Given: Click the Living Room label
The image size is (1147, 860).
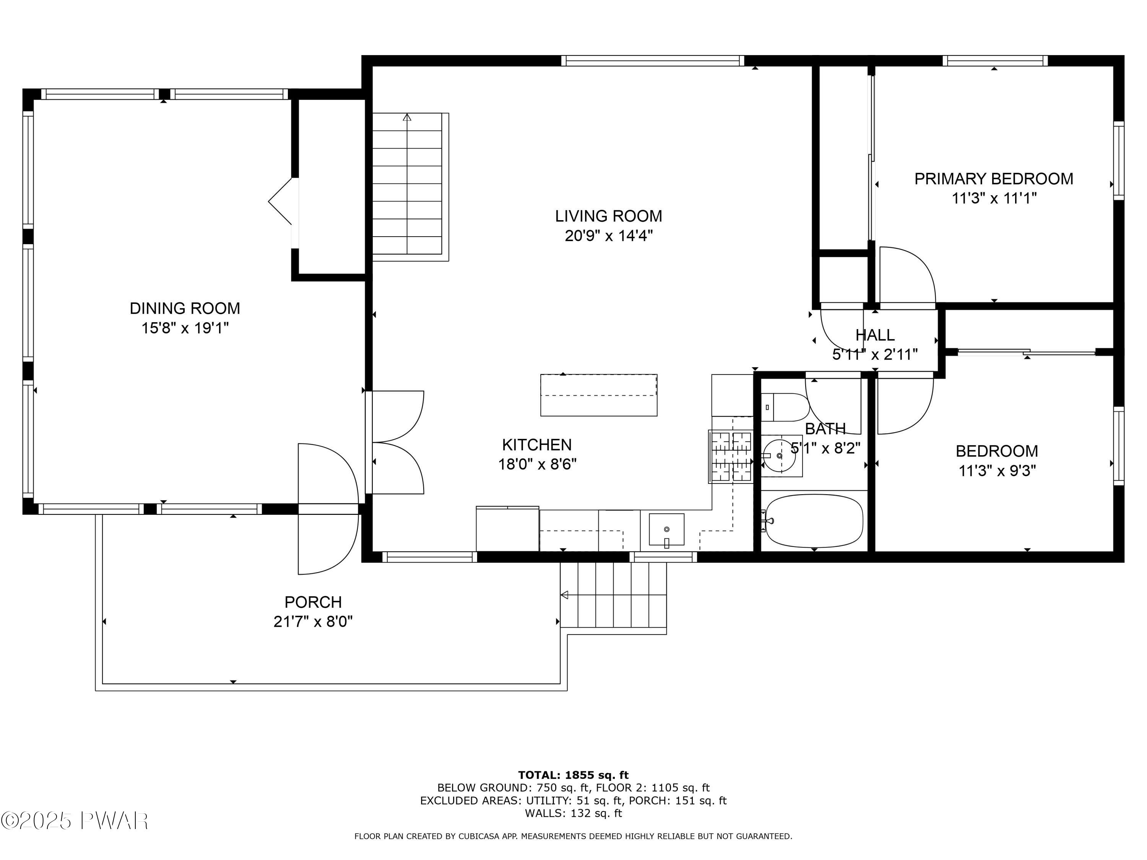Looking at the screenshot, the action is pyautogui.click(x=608, y=216).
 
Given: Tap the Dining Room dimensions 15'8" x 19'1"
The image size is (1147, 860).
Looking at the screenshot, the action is pyautogui.click(x=185, y=328).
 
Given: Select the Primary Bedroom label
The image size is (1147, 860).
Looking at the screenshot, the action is pyautogui.click(x=994, y=179).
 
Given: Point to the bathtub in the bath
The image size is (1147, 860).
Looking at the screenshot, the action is pyautogui.click(x=814, y=521).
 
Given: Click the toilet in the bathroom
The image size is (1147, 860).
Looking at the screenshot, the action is pyautogui.click(x=785, y=407).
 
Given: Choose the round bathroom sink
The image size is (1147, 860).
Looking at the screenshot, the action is pyautogui.click(x=780, y=456).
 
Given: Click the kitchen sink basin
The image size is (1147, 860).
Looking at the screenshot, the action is pyautogui.click(x=666, y=530).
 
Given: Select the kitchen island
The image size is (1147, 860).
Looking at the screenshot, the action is pyautogui.click(x=599, y=395).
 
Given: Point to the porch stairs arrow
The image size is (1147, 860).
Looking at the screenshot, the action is pyautogui.click(x=565, y=595).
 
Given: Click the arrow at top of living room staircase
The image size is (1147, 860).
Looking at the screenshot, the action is pyautogui.click(x=407, y=118).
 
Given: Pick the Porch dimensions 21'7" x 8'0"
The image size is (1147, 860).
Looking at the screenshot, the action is pyautogui.click(x=313, y=621).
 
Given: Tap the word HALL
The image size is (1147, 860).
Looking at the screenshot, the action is pyautogui.click(x=875, y=335).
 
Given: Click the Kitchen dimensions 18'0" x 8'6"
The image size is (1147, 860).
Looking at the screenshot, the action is pyautogui.click(x=537, y=464).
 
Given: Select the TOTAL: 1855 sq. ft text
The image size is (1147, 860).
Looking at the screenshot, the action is pyautogui.click(x=573, y=775).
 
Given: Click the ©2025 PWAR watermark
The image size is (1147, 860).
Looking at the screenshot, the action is pyautogui.click(x=75, y=821).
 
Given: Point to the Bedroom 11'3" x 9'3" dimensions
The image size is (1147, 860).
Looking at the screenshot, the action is pyautogui.click(x=997, y=471).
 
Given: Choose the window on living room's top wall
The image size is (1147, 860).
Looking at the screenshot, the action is pyautogui.click(x=653, y=61).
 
